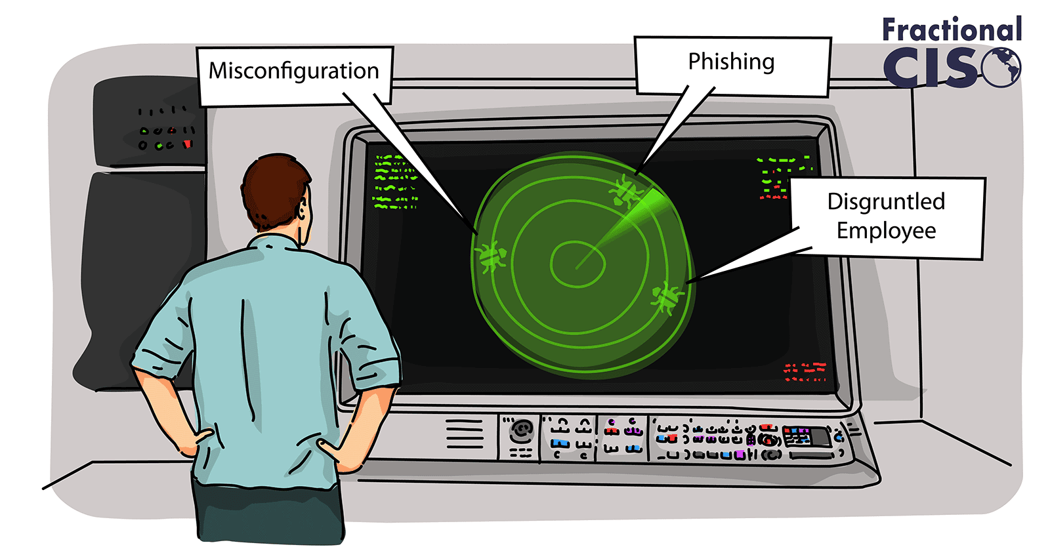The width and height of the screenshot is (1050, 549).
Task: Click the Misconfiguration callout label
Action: coord(294,71)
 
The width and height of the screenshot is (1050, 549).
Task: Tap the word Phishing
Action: coord(731,62)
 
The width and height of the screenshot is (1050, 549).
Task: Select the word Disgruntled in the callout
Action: coord(886,201)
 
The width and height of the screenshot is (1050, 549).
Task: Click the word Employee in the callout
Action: coord(886,231)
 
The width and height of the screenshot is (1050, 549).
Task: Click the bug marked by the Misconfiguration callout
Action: coord(491,255)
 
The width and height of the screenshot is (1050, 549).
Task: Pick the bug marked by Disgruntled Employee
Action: coord(667,298)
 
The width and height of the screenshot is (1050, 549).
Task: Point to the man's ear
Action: coord(302,211)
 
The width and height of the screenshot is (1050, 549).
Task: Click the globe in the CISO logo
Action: coord(1002,68)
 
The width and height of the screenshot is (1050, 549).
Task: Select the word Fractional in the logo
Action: coord(951,30)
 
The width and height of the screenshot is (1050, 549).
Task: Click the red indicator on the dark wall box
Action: coord(188,144)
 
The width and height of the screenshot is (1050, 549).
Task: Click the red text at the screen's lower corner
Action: coord(805,371)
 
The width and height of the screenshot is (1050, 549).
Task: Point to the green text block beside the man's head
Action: coord(395,182)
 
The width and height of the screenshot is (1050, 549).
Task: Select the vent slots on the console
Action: coord(464,434)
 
